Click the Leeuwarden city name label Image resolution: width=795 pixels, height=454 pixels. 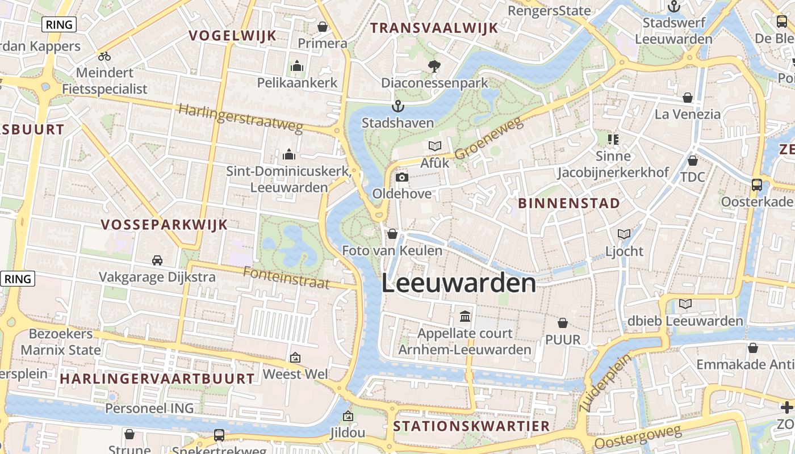(x=459, y=283)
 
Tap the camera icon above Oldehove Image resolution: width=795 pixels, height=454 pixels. (x=401, y=178)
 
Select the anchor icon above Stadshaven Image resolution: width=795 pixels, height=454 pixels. (x=398, y=106)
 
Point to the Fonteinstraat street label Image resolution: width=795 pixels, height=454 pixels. (x=286, y=278)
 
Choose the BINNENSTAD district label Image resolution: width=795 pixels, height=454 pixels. (x=569, y=203)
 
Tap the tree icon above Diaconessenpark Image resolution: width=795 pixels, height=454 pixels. (x=434, y=66)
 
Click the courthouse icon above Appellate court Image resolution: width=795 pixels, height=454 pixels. (x=465, y=316)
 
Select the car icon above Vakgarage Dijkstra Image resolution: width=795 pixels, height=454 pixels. (x=157, y=260)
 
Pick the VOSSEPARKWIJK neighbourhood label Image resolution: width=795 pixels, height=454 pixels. (x=164, y=225)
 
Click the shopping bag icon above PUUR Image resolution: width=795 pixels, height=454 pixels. (x=563, y=323)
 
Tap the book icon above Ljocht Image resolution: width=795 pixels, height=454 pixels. (x=624, y=234)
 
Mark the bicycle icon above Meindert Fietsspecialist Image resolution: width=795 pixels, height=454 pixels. (x=104, y=56)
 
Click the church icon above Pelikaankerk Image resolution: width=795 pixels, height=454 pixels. (x=296, y=66)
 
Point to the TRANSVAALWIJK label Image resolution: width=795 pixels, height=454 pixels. (x=434, y=28)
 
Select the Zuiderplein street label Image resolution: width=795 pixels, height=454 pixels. (x=605, y=383)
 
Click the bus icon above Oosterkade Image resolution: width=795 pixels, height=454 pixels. (x=757, y=184)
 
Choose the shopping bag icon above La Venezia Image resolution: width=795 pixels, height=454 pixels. (x=688, y=98)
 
